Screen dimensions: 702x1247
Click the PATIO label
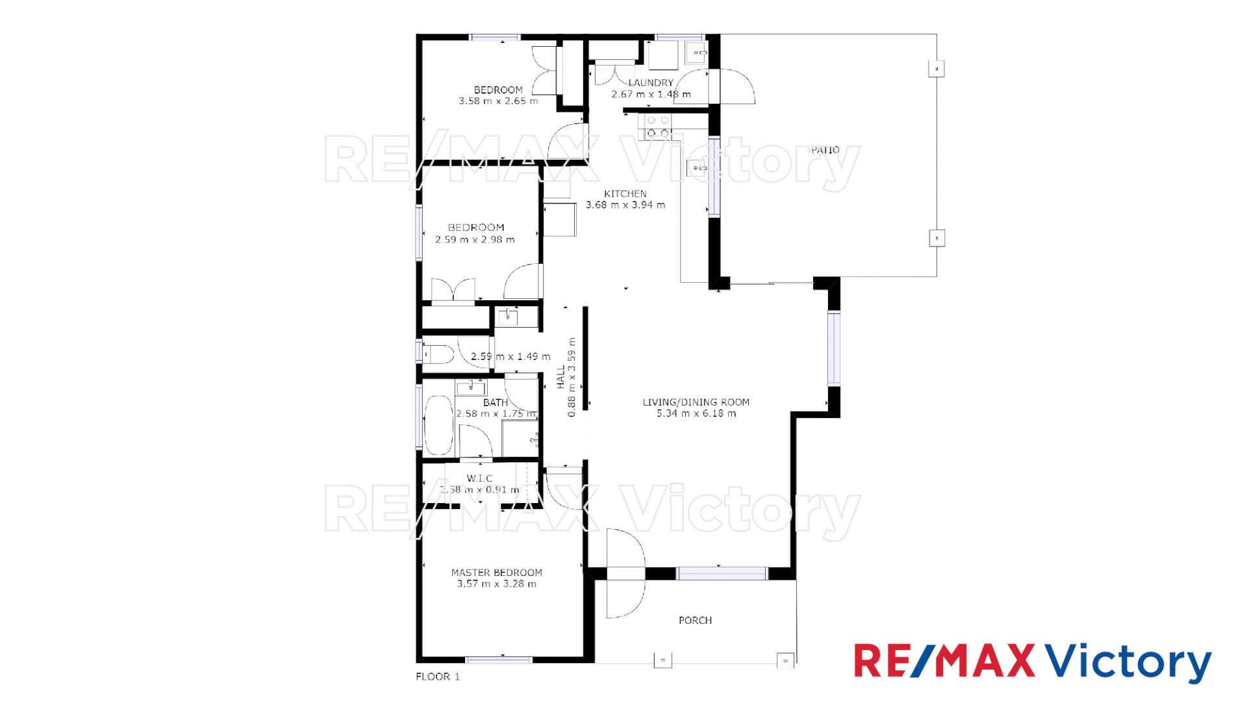(825, 150)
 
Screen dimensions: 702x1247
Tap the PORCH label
(695, 621)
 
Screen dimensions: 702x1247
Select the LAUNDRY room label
(651, 83)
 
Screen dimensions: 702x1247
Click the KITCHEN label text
(625, 194)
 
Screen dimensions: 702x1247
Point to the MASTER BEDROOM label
(496, 573)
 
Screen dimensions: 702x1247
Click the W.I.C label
(479, 478)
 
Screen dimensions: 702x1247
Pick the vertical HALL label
(561, 377)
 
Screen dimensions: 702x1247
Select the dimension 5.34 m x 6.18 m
(696, 413)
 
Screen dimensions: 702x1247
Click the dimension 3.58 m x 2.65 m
(498, 101)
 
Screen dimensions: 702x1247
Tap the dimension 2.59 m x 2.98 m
(475, 240)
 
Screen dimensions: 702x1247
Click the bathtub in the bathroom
(438, 425)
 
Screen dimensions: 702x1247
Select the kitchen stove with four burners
(657, 127)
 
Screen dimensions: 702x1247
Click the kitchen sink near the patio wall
(697, 168)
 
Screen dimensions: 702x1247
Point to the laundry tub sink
(696, 53)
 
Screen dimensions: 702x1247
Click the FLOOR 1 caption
(438, 677)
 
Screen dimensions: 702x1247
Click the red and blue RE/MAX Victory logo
(1032, 662)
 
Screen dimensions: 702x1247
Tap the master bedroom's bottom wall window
(499, 660)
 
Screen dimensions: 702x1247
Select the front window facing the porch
(722, 573)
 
